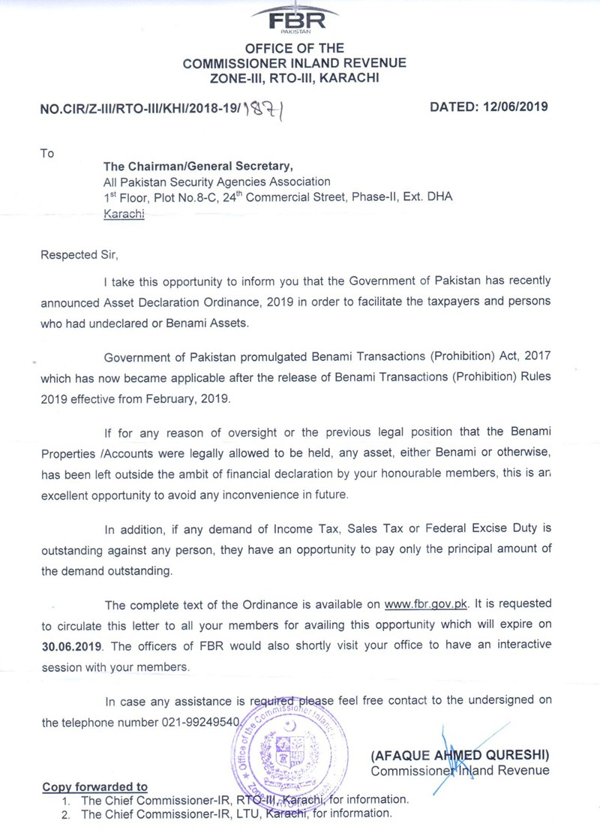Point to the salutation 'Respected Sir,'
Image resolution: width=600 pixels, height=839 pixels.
point(78,254)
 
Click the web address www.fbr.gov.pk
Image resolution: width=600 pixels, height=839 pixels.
point(426,604)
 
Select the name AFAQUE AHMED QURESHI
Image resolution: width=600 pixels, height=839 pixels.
point(460,753)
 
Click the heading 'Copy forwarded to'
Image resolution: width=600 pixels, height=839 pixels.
point(94,786)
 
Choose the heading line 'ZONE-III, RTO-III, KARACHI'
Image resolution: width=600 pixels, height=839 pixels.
point(294,77)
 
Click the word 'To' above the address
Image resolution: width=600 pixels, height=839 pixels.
point(47,154)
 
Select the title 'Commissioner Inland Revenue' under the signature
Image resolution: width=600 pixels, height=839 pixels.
point(460,770)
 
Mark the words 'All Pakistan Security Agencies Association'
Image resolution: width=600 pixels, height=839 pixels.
point(217,182)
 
